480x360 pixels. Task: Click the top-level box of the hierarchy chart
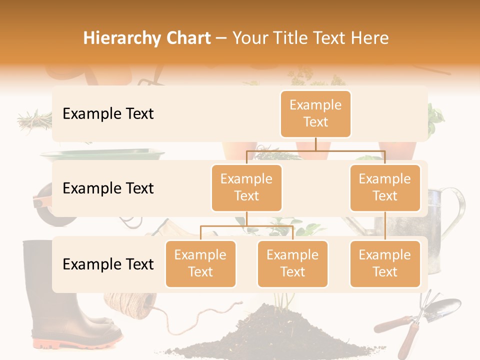(315, 113)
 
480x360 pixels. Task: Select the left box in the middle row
(246, 187)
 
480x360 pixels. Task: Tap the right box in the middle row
(385, 187)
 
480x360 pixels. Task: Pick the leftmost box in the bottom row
(200, 263)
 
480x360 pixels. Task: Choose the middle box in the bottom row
(292, 263)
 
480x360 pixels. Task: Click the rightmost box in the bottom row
(385, 263)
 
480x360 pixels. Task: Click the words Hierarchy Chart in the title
(147, 38)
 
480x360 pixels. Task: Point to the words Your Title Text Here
(310, 38)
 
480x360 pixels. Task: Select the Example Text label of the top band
(108, 113)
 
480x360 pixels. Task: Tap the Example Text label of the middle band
(108, 188)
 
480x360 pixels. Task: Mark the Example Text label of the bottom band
(108, 264)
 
